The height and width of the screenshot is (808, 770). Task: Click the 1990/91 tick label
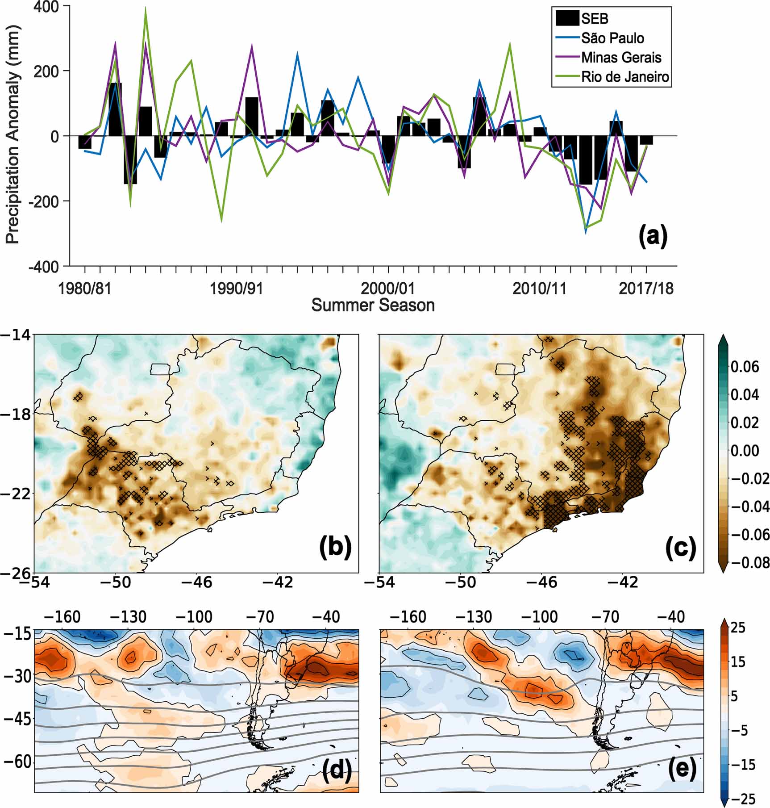coord(237,289)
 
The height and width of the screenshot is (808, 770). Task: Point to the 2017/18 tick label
coord(645,289)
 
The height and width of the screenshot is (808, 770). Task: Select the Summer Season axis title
coord(373,306)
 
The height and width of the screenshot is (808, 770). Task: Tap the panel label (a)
coord(653,235)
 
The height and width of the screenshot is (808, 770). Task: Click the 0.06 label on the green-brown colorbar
coord(745,367)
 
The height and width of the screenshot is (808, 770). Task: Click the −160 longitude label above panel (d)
coord(62,617)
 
